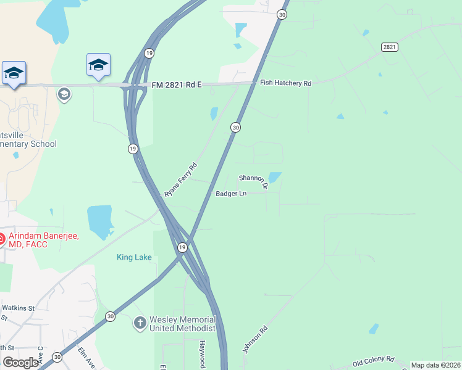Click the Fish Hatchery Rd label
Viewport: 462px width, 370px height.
[x=285, y=83]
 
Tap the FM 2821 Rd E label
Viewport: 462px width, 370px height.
[x=177, y=84]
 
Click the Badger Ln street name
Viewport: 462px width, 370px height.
[x=231, y=194]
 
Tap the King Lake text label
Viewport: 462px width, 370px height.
[x=134, y=257]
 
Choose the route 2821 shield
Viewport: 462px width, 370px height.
[x=389, y=47]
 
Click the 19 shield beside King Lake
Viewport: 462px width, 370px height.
[x=182, y=247]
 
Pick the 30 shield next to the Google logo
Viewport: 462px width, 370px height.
[x=57, y=357]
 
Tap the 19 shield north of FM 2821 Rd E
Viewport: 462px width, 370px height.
[x=149, y=54]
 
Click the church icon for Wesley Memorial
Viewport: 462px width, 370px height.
[x=140, y=323]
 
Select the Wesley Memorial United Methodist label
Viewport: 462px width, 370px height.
[x=183, y=324]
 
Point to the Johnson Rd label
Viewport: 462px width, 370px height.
[x=254, y=340]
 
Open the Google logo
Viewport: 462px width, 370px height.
[x=20, y=363]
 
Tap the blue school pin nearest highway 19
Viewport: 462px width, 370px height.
[x=98, y=66]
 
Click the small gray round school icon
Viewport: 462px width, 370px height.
[x=63, y=94]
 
